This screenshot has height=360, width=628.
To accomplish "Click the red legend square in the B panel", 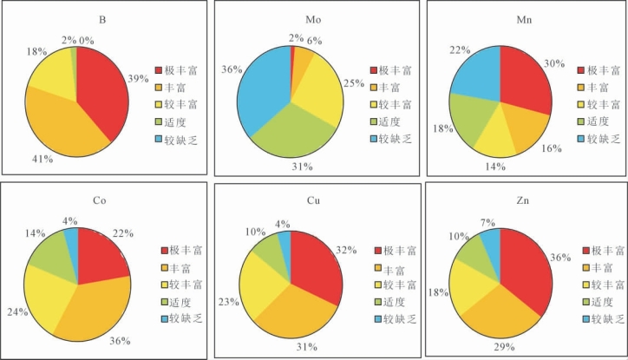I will [159, 69].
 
